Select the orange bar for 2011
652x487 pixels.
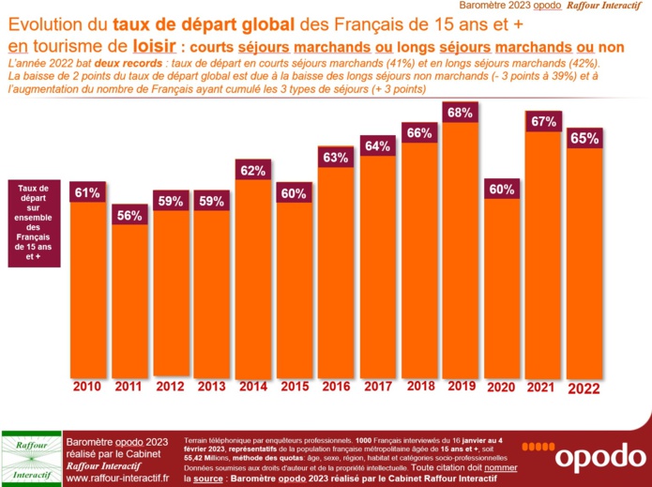(129, 300)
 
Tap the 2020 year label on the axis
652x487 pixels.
(501, 386)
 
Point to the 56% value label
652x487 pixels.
(129, 215)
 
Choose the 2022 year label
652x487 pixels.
(584, 386)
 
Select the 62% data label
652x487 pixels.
(253, 171)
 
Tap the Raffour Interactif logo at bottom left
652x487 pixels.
(31, 458)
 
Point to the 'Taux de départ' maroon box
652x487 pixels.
(34, 221)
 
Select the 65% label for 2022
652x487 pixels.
(584, 138)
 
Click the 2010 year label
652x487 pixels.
(87, 386)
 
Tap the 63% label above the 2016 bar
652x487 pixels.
(336, 157)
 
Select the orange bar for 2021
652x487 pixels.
(543, 253)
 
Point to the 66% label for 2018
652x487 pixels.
(418, 132)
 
